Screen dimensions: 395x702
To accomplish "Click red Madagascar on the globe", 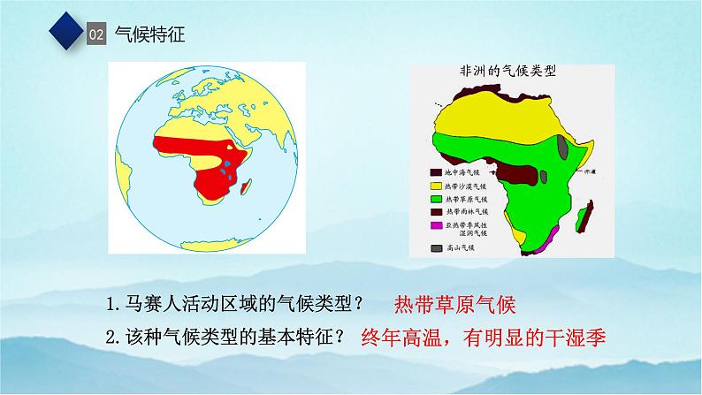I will pos(250,185).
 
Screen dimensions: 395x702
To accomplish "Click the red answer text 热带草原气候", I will pos(451,305).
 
